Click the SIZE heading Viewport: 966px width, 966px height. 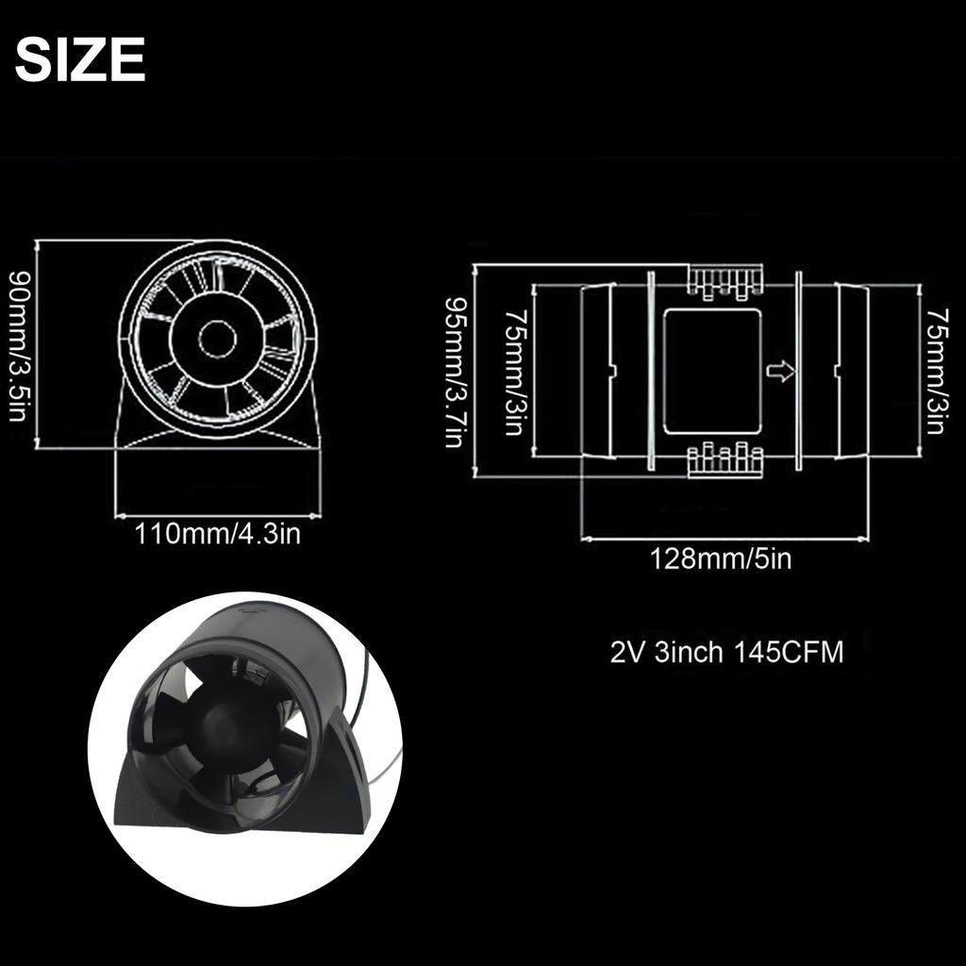pos(80,61)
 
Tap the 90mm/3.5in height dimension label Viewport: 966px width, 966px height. pos(18,346)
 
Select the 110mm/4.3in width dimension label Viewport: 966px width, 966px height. pos(218,534)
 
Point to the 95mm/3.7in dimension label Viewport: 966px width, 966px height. pos(456,374)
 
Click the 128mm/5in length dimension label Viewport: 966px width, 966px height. pos(721,559)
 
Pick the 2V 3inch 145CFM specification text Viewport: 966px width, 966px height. pos(726,653)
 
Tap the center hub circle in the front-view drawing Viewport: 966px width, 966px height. pos(217,339)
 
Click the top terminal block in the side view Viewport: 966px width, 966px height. pos(723,280)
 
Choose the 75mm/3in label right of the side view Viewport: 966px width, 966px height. pos(935,372)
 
